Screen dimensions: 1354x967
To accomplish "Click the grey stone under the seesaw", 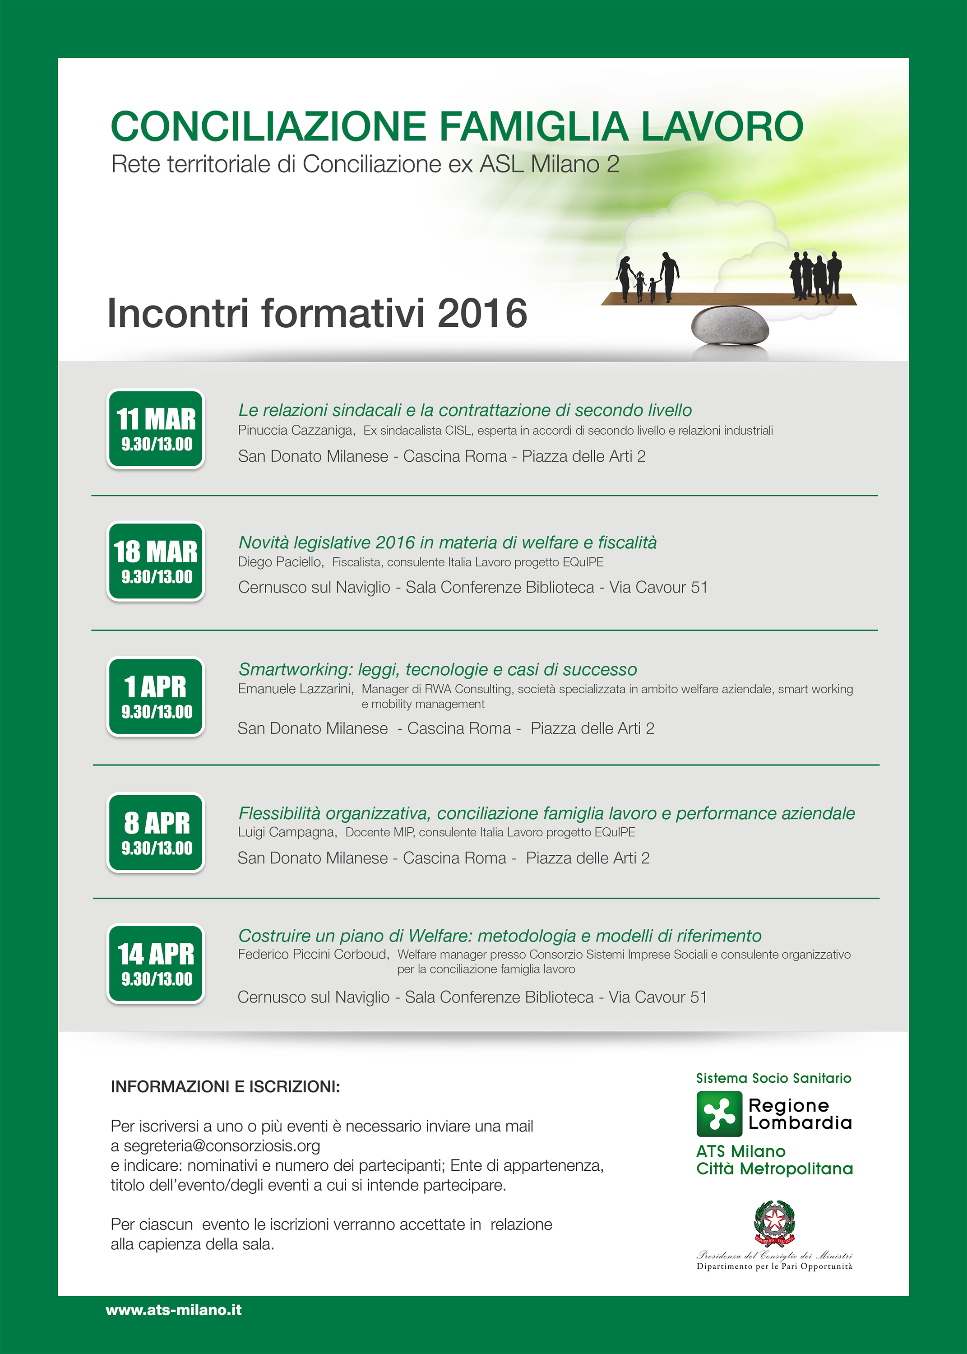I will click(x=729, y=326).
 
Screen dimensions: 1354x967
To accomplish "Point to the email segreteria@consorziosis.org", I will click(x=222, y=1145).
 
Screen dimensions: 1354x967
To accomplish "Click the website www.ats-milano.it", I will click(x=173, y=1310).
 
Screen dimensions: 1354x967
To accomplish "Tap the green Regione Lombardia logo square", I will click(x=719, y=1113).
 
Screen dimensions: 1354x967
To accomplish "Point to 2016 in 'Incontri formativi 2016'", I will click(x=482, y=314).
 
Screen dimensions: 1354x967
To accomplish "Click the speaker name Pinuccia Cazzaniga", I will click(x=296, y=431).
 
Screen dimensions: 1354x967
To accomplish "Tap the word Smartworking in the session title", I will click(x=294, y=670).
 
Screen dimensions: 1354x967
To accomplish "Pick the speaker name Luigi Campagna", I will click(x=287, y=832).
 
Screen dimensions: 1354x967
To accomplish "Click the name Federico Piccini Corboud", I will click(x=313, y=955).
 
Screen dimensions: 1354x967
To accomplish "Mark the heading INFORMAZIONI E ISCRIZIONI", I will click(x=225, y=1087).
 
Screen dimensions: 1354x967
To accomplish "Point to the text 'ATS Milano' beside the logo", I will click(x=741, y=1151).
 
